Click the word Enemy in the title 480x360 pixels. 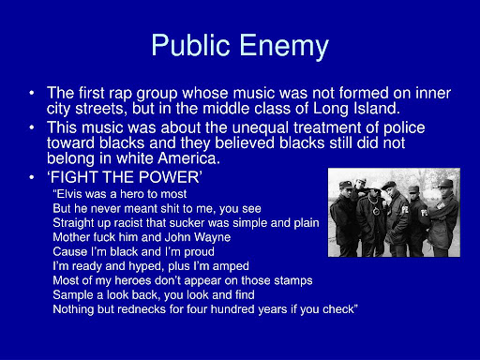[x=284, y=46]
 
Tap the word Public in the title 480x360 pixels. [x=191, y=44]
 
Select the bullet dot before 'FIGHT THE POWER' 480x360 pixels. [x=32, y=177]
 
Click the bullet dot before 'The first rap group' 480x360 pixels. [x=32, y=93]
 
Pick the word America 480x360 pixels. [x=188, y=158]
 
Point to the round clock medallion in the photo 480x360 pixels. [x=376, y=212]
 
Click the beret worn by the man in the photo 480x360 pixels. [x=389, y=185]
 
